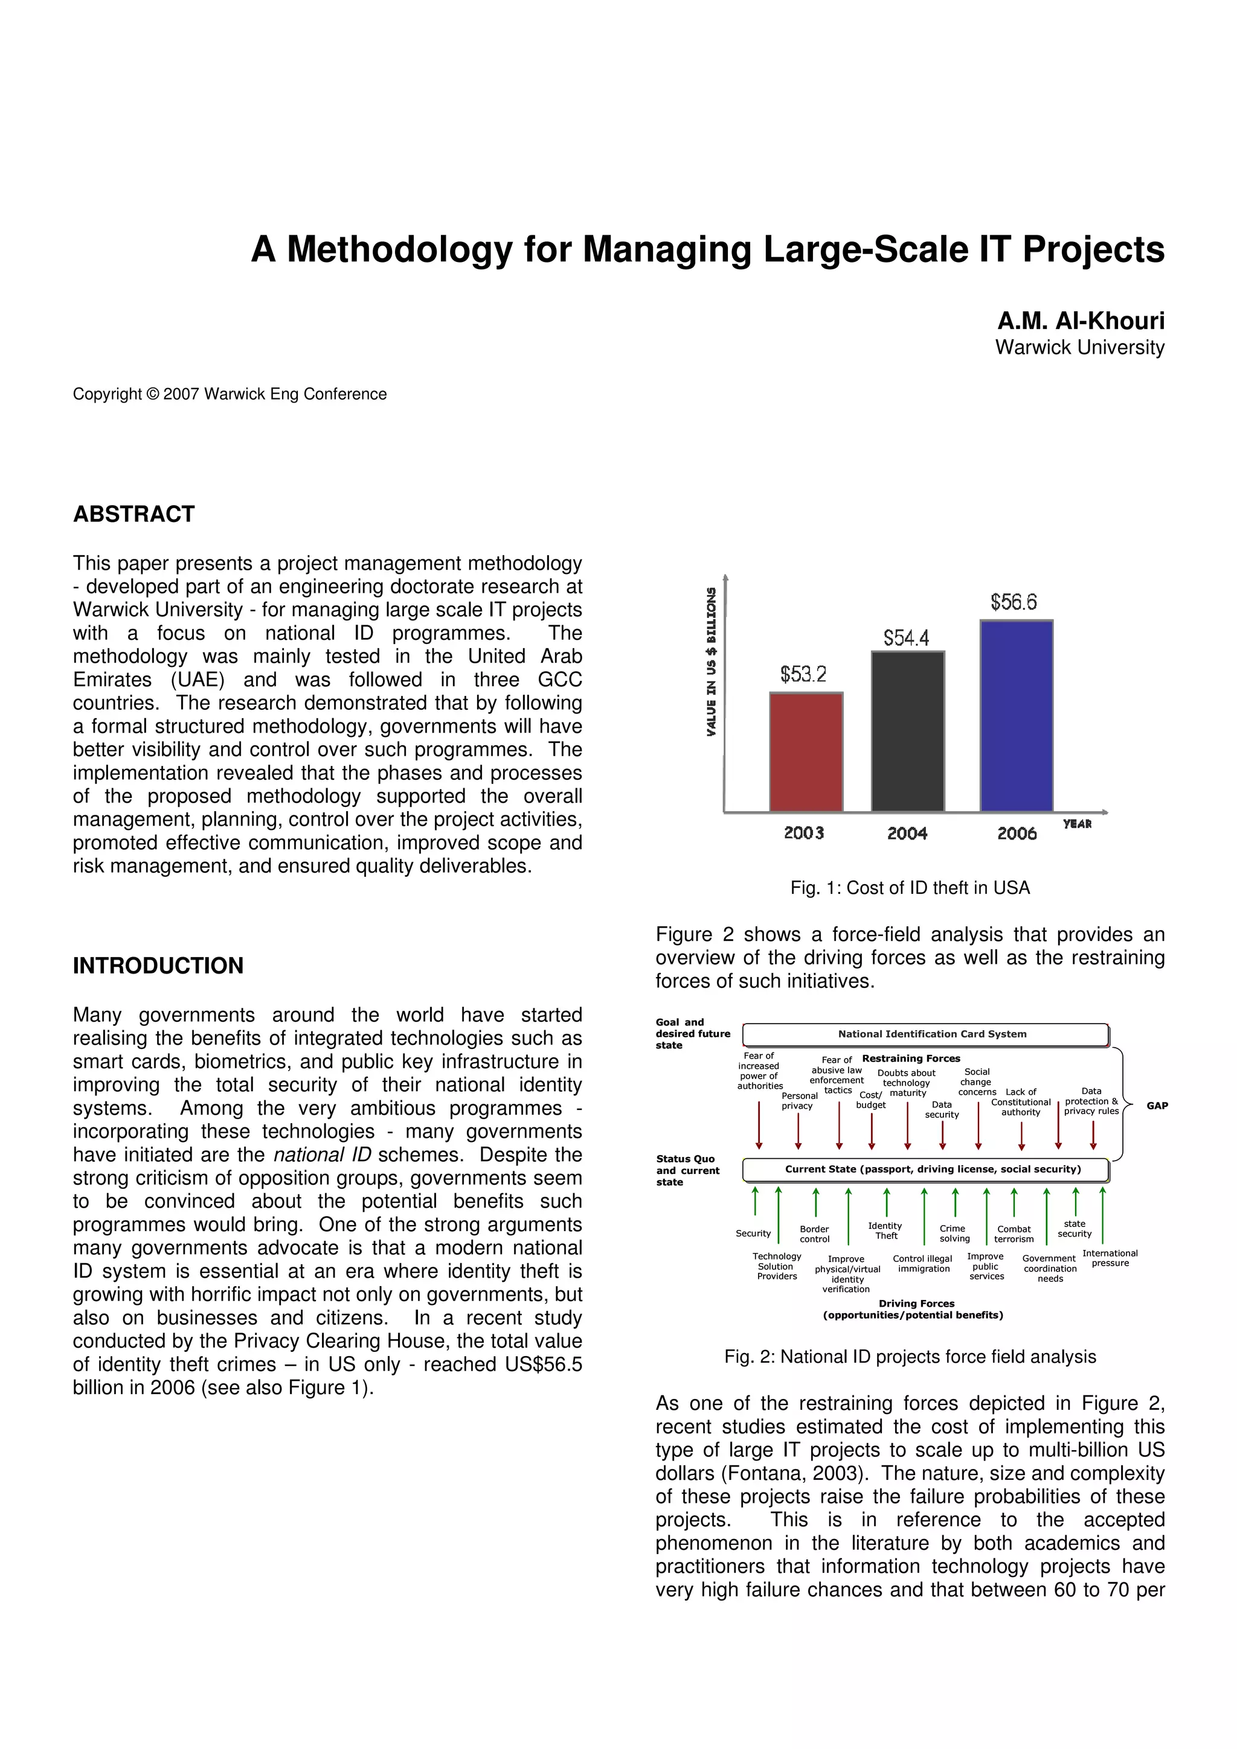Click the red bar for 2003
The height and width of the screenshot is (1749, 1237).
tap(806, 752)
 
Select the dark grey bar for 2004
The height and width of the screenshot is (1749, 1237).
tap(907, 731)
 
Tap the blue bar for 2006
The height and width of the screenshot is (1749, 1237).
tap(1016, 716)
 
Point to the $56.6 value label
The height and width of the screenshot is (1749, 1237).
tap(1013, 602)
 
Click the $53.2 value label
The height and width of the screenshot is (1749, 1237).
tap(803, 674)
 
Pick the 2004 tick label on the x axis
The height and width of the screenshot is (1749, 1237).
tap(907, 833)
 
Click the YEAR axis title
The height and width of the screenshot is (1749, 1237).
tap(1077, 824)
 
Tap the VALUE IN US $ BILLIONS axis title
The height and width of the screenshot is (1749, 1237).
tap(711, 661)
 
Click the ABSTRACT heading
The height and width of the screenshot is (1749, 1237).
tap(134, 514)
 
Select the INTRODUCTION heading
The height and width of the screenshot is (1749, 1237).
tap(158, 965)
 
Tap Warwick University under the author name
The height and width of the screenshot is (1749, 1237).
tap(1079, 348)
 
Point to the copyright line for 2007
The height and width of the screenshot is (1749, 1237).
tap(230, 394)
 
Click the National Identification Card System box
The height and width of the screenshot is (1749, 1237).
tap(925, 1034)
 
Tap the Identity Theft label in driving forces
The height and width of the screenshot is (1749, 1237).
tap(885, 1230)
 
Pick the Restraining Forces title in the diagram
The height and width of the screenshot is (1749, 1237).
tap(911, 1058)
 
